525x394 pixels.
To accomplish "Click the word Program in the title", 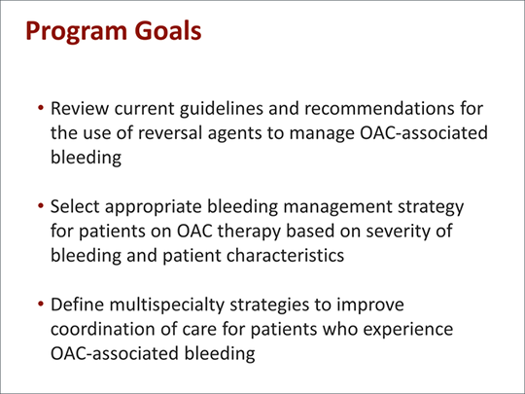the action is click(x=76, y=32).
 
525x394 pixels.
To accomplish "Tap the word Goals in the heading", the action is click(x=168, y=30).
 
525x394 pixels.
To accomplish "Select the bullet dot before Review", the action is click(x=41, y=108).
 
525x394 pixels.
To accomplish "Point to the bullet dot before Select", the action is click(x=41, y=205).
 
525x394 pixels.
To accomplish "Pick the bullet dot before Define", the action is click(x=41, y=304).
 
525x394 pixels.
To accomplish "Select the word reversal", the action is click(x=170, y=132).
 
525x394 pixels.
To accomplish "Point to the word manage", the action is click(x=322, y=134).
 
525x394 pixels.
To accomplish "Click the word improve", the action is click(x=370, y=305).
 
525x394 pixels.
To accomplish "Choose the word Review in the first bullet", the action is click(x=80, y=108).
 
